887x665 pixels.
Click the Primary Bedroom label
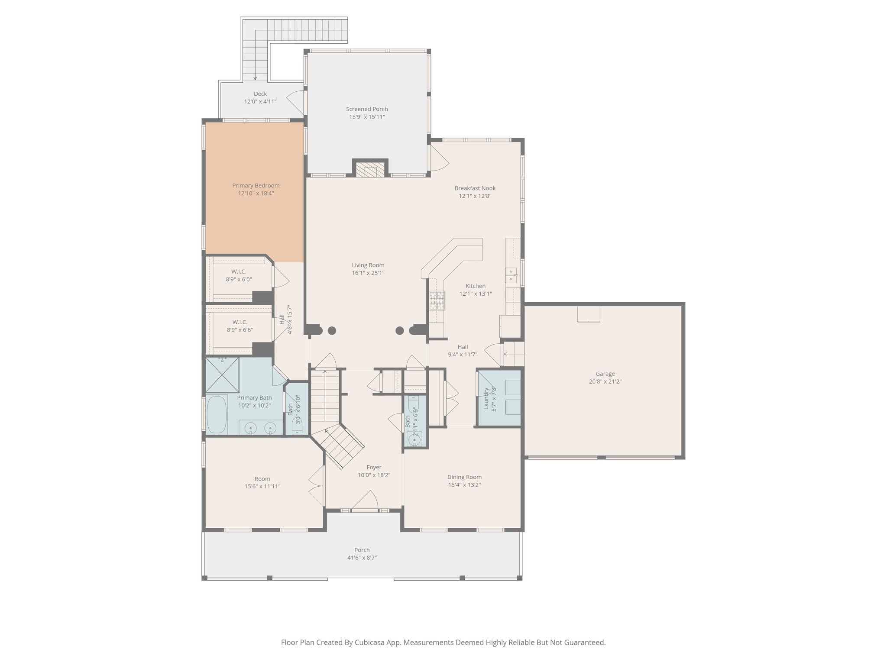[x=256, y=186]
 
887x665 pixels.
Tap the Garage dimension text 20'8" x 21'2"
[x=605, y=382]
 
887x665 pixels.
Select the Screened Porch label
[x=367, y=109]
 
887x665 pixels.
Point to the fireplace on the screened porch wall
[x=370, y=169]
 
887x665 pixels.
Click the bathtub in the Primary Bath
[x=217, y=414]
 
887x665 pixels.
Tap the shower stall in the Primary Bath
[x=222, y=374]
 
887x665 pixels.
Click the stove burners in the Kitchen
[x=437, y=300]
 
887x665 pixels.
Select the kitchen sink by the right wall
[x=511, y=275]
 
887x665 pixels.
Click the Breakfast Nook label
[x=475, y=188]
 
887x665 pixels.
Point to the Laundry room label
[x=486, y=398]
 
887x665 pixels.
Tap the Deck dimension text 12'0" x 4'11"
[x=260, y=101]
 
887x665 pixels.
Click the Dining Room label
[x=464, y=477]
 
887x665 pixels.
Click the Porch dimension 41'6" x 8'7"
[x=362, y=558]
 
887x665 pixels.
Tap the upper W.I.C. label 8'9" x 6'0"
[x=239, y=279]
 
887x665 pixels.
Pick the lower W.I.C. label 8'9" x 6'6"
[x=240, y=330]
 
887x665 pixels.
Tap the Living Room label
[x=368, y=265]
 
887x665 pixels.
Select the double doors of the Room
[x=317, y=485]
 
